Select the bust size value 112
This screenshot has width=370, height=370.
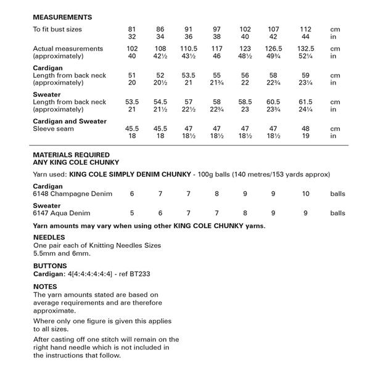(x=306, y=29)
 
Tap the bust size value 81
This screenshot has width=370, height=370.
(x=132, y=29)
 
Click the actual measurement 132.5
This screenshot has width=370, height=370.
(x=306, y=48)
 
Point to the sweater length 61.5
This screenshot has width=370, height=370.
(x=306, y=102)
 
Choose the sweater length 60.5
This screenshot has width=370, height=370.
(x=274, y=102)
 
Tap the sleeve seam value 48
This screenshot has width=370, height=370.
(x=306, y=129)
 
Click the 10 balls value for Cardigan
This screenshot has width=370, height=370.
(x=306, y=194)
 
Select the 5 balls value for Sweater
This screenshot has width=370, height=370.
(x=132, y=213)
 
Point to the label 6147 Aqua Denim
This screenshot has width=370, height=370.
(x=63, y=213)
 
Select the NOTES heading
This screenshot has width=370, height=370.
(x=44, y=287)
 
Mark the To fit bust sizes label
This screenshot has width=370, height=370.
(x=57, y=29)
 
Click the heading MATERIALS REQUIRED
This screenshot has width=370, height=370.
(x=71, y=155)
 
